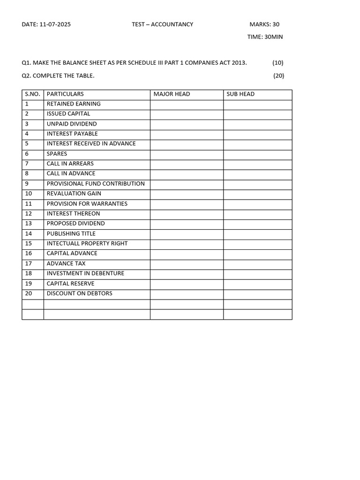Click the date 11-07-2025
point(55,24)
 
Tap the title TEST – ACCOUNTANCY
point(162,24)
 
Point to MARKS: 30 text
point(264,24)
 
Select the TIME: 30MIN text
point(265,37)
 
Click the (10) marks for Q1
point(277,63)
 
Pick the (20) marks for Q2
point(278,75)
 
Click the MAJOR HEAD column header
point(172,94)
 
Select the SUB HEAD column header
point(240,94)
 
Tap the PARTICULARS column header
point(65,94)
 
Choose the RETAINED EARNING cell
point(74,104)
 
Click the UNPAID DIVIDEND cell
point(72,124)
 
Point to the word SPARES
point(57,154)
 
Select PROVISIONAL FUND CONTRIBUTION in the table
point(96,184)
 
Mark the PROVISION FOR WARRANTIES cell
point(87,204)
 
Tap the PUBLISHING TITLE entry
point(71,233)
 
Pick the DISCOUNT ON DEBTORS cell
point(79,293)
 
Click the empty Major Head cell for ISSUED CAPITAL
point(187,114)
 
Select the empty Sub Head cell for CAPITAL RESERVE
point(257,284)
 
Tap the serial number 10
point(29,194)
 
